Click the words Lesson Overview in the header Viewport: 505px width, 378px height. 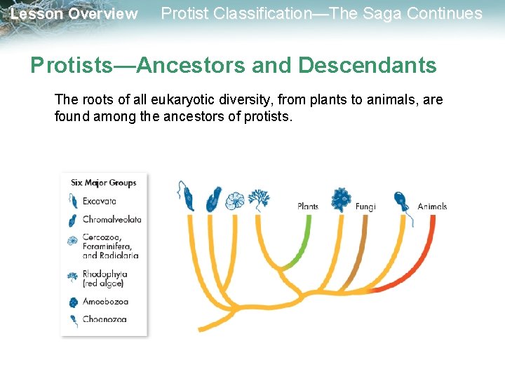pos(74,14)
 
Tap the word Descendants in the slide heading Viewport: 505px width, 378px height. pos(367,66)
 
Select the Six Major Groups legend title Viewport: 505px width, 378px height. pos(104,183)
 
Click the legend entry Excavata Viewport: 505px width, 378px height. pos(99,201)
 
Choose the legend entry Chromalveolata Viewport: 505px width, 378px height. pos(112,219)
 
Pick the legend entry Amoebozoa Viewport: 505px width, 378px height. pos(105,302)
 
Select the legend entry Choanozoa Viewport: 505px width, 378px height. pos(105,319)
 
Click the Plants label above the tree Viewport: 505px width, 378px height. pos(308,206)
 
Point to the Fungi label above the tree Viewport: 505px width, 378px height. pos(365,206)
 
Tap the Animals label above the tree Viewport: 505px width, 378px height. pos(432,206)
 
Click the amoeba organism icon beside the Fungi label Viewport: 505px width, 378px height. pos(341,199)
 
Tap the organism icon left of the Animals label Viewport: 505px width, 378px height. pos(402,203)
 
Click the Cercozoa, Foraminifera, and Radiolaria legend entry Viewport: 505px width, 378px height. pos(110,246)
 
